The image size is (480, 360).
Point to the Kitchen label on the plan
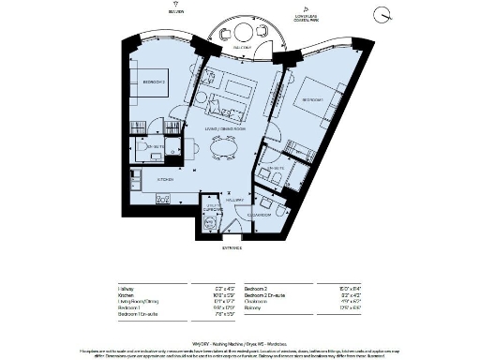[x=165, y=177]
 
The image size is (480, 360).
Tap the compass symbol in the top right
[x=381, y=13]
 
